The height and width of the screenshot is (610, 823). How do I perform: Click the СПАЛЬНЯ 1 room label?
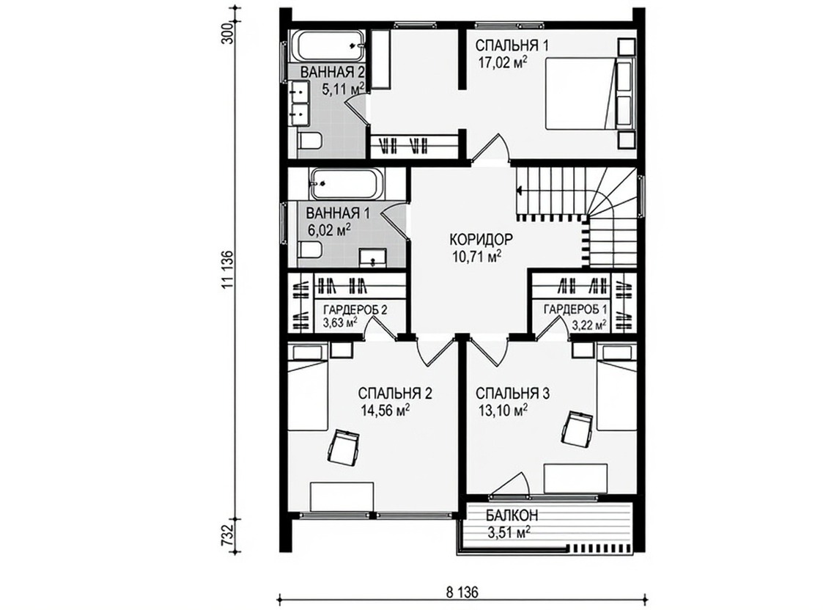pos(512,45)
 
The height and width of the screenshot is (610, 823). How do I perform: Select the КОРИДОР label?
pos(481,239)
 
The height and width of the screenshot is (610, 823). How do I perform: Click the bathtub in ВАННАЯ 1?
pos(347,183)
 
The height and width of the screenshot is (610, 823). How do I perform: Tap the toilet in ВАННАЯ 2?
pos(310,142)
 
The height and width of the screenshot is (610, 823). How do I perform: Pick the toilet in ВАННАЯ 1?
pos(310,249)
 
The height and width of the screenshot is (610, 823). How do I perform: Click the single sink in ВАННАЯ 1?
pos(373,258)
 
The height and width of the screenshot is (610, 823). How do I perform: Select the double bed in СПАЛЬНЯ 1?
pos(580,93)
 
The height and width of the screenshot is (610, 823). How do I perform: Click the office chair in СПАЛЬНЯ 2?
pos(344,444)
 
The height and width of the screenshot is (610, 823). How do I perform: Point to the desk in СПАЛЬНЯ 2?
pos(342,496)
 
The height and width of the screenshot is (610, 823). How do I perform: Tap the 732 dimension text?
pos(226,534)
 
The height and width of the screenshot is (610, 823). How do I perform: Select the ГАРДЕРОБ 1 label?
pos(575,309)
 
